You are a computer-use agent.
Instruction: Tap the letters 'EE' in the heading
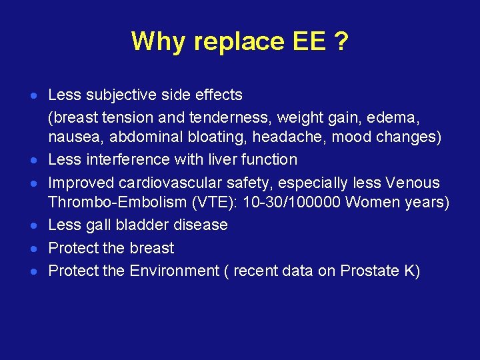click(307, 41)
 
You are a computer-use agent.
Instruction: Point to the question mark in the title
click(341, 41)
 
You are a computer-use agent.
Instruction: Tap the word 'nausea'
click(71, 138)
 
